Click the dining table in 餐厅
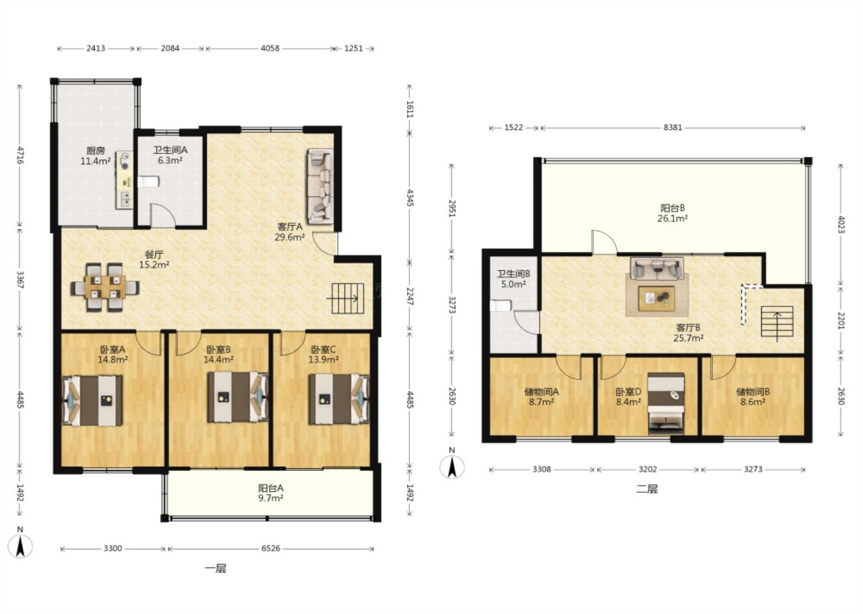click(x=105, y=287)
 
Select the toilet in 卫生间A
click(x=149, y=182)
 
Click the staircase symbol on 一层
click(x=348, y=299)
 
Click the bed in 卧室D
click(x=666, y=404)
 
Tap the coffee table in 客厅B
click(x=656, y=298)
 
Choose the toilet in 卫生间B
click(x=500, y=306)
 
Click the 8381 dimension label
click(x=672, y=127)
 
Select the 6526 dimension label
click(x=271, y=548)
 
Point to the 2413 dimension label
click(x=95, y=48)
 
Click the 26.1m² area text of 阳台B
click(x=672, y=218)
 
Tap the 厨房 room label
click(x=95, y=151)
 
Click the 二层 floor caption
click(x=647, y=489)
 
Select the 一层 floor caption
click(x=216, y=568)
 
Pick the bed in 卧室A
click(x=92, y=401)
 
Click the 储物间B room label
click(x=753, y=392)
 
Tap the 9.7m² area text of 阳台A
click(x=271, y=498)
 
